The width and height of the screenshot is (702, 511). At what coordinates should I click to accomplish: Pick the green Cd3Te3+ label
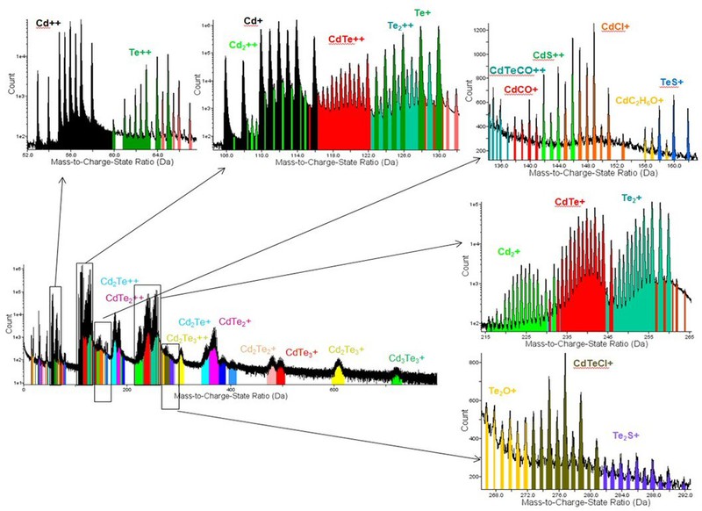(x=406, y=358)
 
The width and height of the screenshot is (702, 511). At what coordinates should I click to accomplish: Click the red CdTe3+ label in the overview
(x=301, y=354)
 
